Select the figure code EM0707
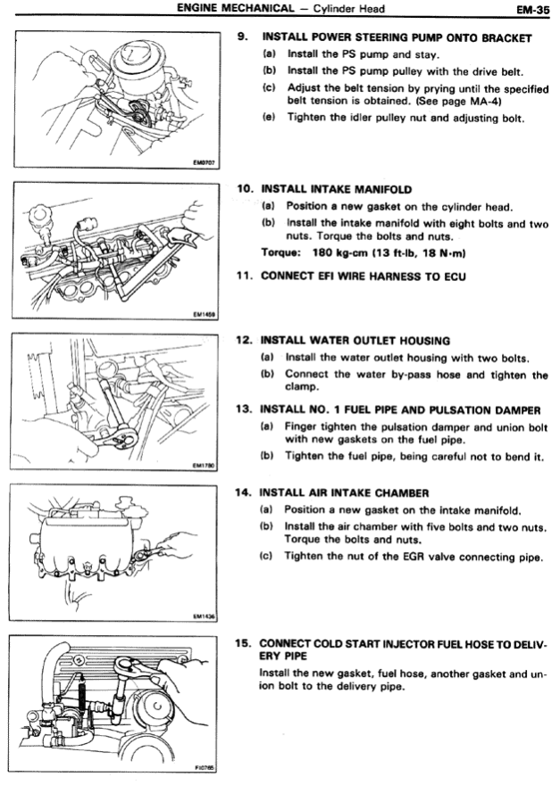tap(205, 163)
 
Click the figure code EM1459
tap(205, 313)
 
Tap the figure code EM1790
tap(205, 464)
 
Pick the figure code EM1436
tap(205, 615)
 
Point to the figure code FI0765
tap(205, 766)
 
